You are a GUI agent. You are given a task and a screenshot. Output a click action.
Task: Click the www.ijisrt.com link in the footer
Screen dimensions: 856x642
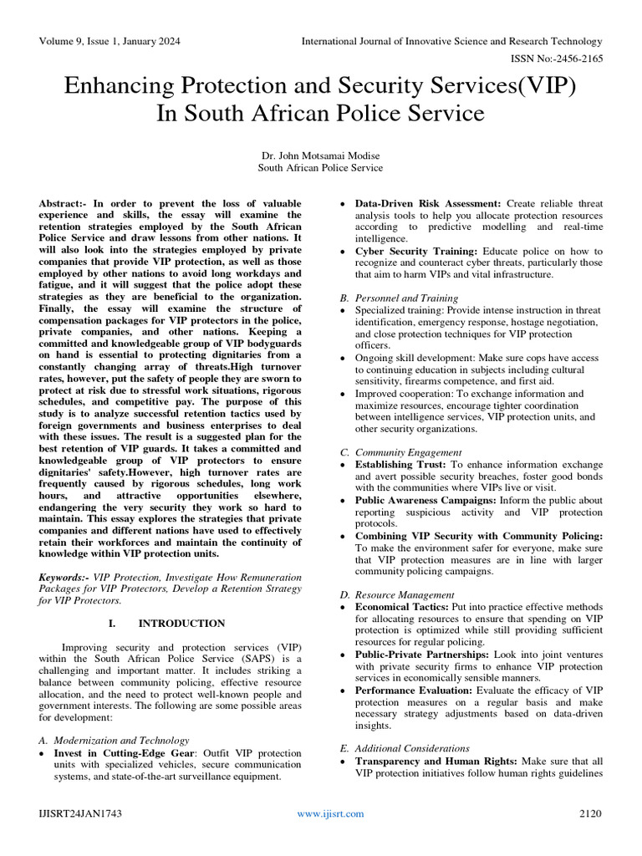(x=331, y=813)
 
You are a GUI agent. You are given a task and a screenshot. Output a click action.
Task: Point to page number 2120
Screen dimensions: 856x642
(x=589, y=813)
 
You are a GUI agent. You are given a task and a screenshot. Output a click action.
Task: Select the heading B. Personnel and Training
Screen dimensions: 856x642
(x=398, y=298)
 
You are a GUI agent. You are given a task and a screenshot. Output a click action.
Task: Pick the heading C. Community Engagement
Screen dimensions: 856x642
(x=400, y=452)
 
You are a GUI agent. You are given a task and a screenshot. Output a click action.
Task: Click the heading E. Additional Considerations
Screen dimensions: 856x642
(x=404, y=748)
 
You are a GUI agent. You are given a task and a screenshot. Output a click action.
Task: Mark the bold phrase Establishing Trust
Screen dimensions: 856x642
(x=401, y=464)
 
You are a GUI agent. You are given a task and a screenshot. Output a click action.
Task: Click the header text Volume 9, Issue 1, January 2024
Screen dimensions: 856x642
(x=110, y=41)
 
